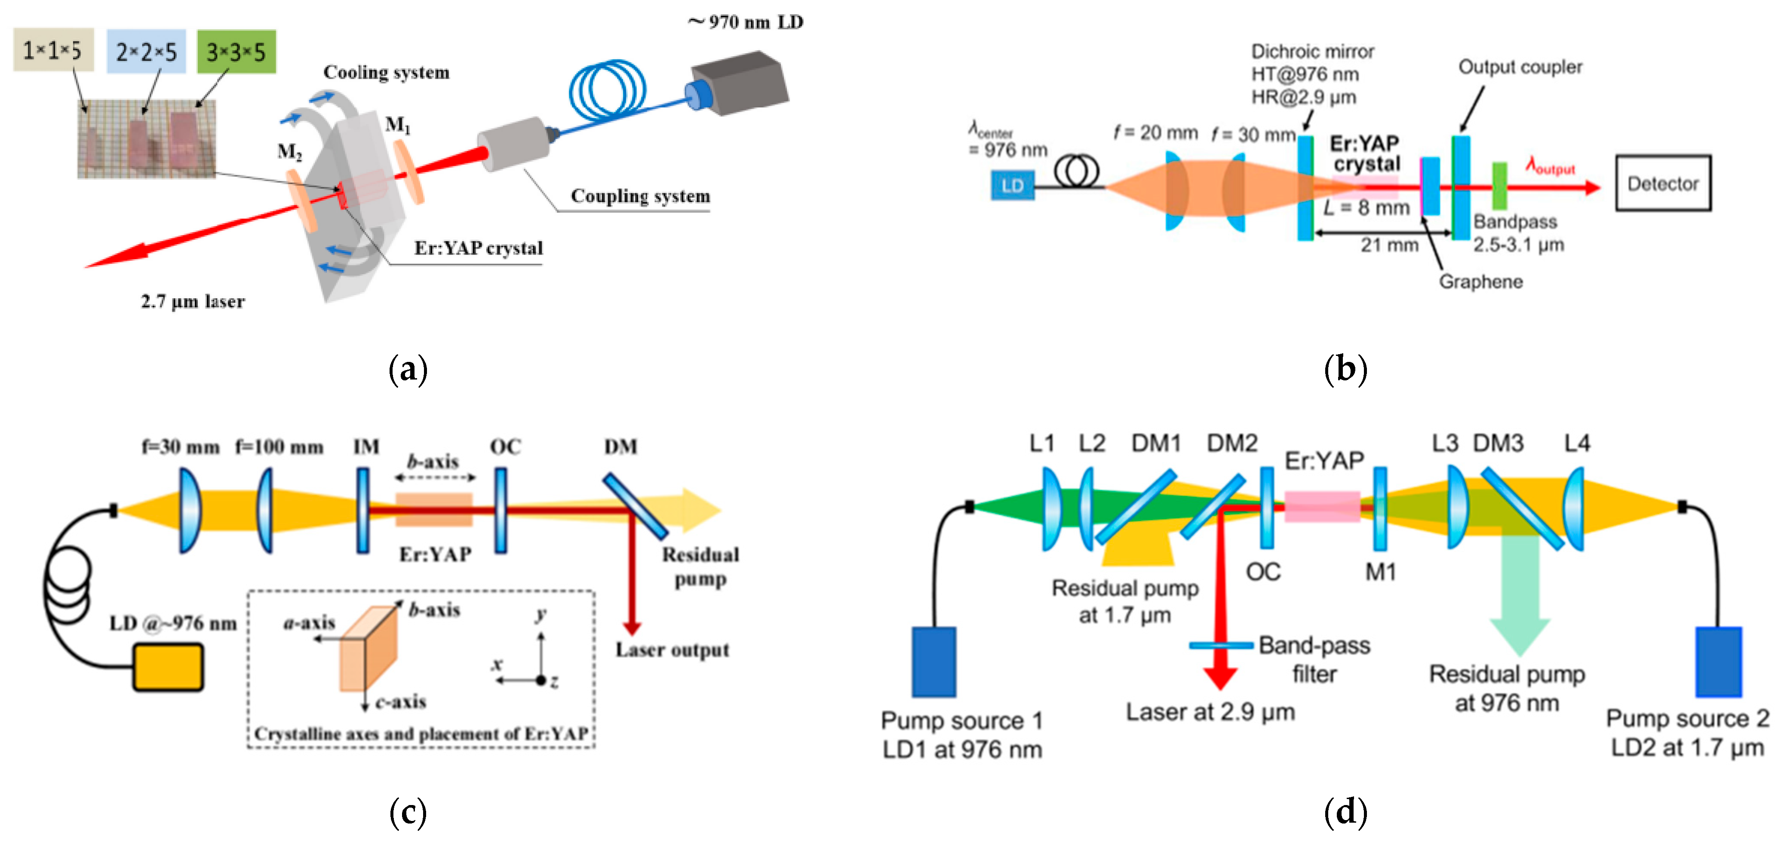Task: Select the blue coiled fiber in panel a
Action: (607, 90)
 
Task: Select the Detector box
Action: (1662, 184)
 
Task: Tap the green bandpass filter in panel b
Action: (1498, 186)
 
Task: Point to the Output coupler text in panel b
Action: (1520, 67)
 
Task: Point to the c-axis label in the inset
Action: (400, 702)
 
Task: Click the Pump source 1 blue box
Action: (933, 661)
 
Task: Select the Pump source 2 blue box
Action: (1718, 661)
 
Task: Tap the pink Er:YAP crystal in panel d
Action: (1322, 506)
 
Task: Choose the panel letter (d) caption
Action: (1345, 811)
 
